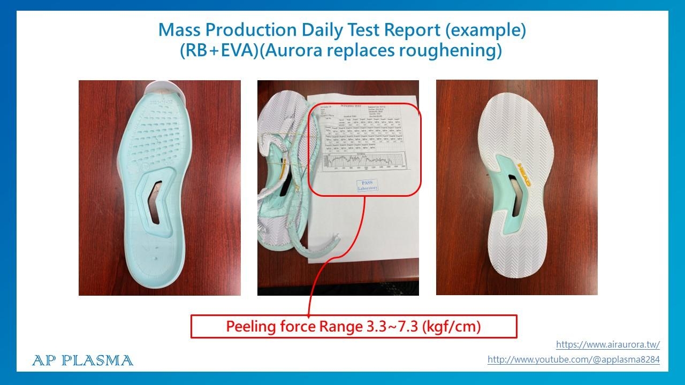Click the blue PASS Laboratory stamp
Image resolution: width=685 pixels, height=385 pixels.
(368, 185)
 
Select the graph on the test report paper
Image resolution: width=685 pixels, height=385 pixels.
(364, 161)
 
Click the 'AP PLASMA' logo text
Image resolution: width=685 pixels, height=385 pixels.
(82, 360)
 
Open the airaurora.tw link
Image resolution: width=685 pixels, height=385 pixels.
(607, 344)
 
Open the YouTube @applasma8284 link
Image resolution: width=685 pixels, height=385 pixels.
(573, 360)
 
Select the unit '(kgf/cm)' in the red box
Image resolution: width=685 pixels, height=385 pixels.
(451, 326)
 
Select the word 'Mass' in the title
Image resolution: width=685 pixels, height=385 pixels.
(179, 30)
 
